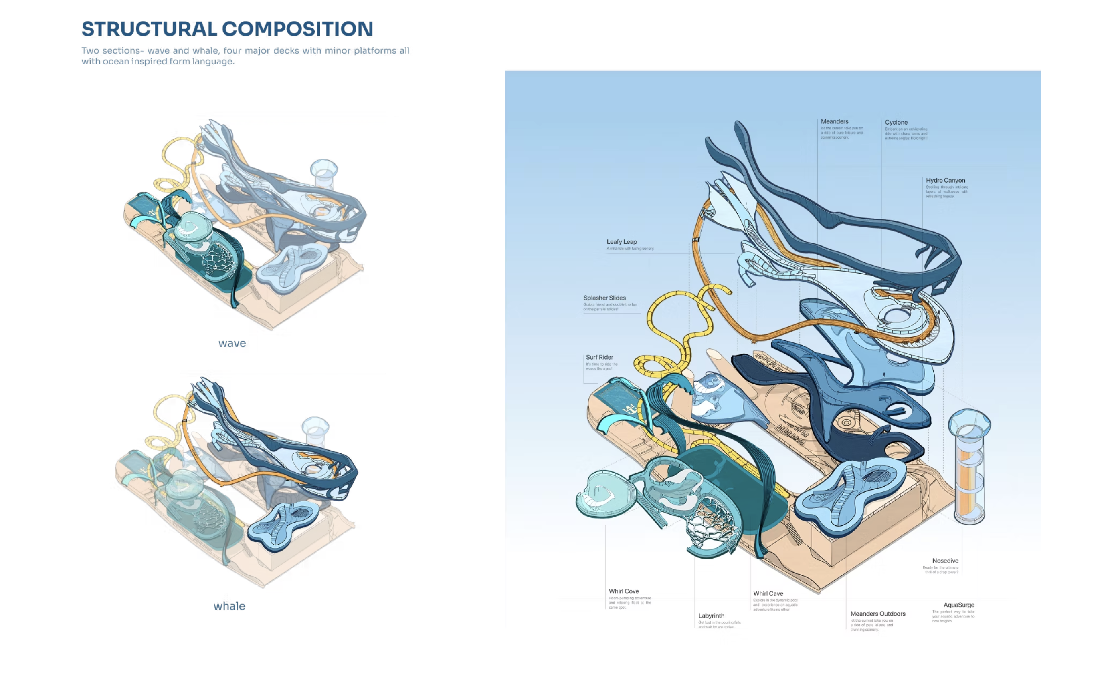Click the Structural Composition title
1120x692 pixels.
point(227,29)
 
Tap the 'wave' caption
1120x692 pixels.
point(232,343)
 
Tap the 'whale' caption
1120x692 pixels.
point(229,606)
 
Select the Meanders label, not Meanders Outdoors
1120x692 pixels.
point(834,121)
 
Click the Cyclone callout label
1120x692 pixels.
point(896,122)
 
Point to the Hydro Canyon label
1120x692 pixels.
point(945,180)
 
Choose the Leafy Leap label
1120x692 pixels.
point(621,241)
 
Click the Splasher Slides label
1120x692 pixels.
point(604,298)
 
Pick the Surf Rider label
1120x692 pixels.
point(599,357)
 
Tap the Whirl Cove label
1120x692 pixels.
point(623,591)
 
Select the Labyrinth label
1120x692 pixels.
point(711,616)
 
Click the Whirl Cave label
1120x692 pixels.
point(768,593)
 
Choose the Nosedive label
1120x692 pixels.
point(945,561)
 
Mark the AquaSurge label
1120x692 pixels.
point(958,605)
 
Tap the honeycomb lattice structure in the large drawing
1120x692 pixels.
point(712,526)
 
